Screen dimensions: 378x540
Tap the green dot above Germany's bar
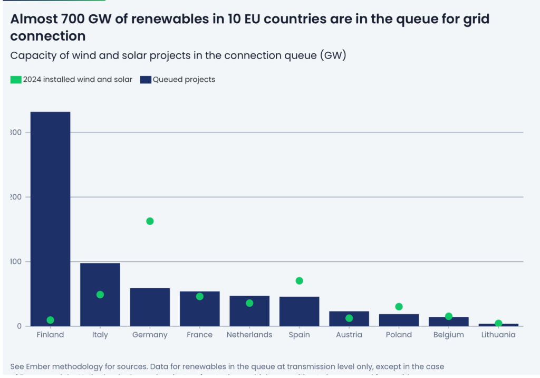coord(150,221)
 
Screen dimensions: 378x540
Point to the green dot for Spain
coord(300,281)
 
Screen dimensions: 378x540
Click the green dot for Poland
coord(399,307)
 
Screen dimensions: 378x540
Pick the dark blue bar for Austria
coord(349,319)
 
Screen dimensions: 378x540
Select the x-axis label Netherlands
coord(249,335)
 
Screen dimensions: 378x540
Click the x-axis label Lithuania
coord(498,335)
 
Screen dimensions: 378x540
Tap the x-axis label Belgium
coord(449,335)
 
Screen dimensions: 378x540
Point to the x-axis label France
coord(200,335)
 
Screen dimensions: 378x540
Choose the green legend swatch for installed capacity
coord(16,80)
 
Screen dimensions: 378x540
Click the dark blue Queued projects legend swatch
coord(146,80)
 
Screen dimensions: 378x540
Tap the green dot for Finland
coord(50,320)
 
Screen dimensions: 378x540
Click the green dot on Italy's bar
coord(100,295)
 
